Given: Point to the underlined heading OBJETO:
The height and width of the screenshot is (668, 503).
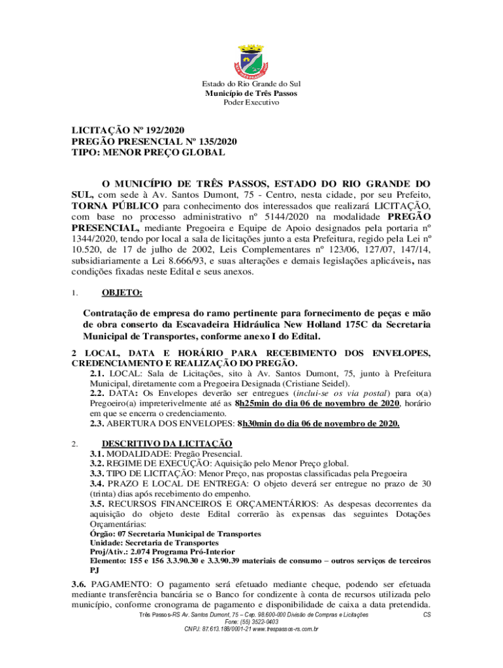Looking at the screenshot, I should (x=122, y=275).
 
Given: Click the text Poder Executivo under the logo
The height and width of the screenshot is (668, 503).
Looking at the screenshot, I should (x=252, y=102).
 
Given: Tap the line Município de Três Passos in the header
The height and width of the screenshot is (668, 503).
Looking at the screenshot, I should (x=252, y=93).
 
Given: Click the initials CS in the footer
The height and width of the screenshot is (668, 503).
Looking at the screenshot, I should (x=427, y=615).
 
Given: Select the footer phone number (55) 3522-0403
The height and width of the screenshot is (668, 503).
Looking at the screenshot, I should (x=251, y=622).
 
